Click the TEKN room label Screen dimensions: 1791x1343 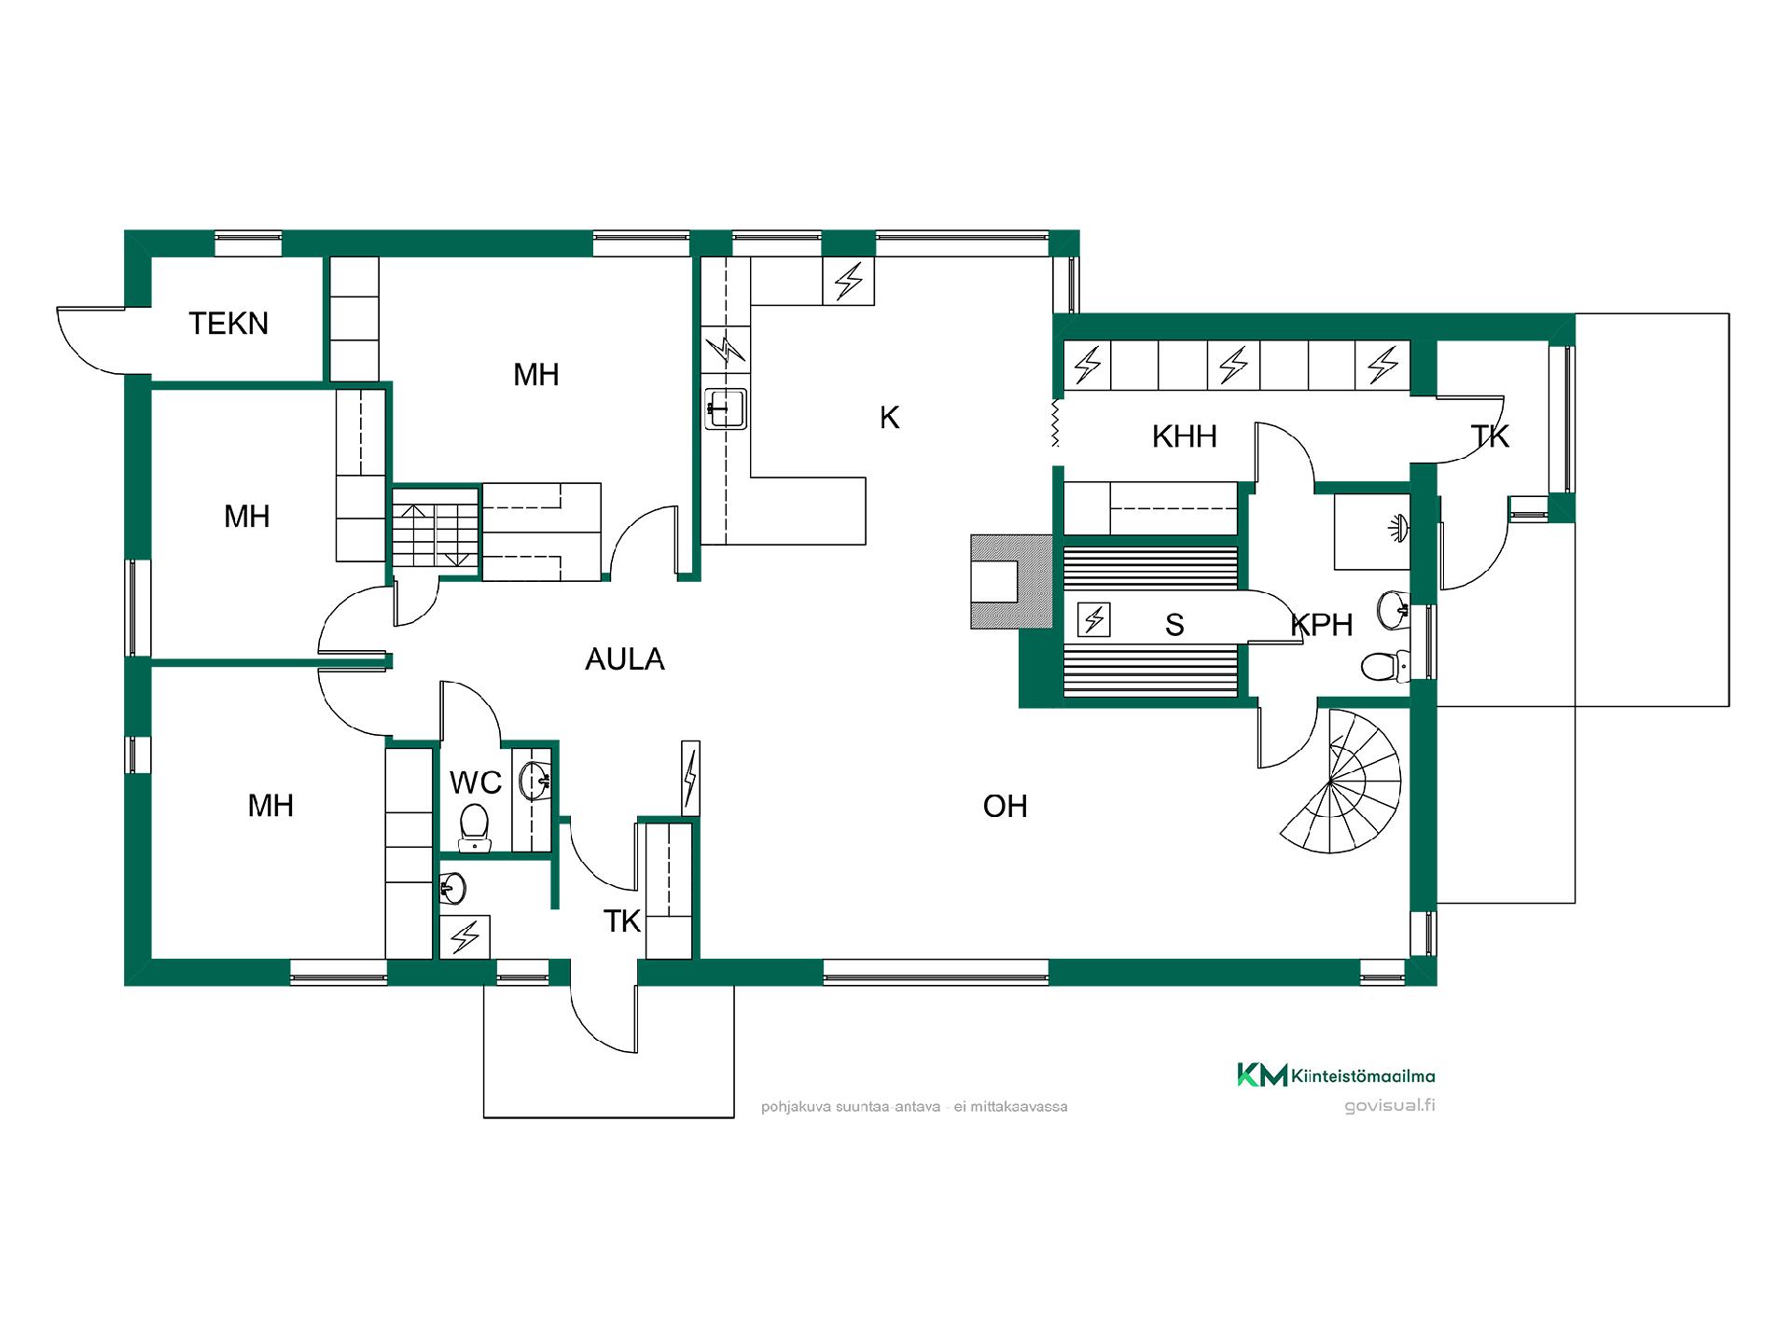[x=229, y=324]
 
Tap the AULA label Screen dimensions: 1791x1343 [x=624, y=659]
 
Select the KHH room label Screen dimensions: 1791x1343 [x=1184, y=436]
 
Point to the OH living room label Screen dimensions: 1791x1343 [x=1005, y=806]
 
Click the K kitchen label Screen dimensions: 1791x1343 [x=889, y=418]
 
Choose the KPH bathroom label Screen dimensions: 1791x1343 [x=1322, y=625]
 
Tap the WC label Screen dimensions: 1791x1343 [x=476, y=782]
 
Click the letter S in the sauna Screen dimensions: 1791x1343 [x=1174, y=625]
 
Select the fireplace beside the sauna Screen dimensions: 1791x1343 [x=1011, y=581]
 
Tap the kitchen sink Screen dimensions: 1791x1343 [x=725, y=408]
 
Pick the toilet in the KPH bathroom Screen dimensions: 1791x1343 [x=1384, y=666]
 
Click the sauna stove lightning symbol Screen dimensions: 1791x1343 [x=1093, y=619]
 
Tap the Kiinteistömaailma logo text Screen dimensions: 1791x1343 [x=1364, y=1076]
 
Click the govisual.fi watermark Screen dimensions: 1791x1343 [x=1389, y=1106]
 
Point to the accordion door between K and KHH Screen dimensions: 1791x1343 [x=1056, y=422]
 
